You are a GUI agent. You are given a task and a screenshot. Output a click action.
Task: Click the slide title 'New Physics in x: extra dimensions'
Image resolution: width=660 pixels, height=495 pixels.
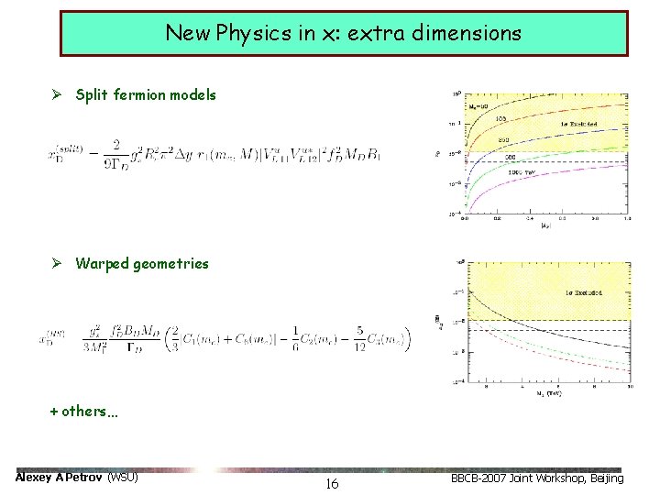pos(343,34)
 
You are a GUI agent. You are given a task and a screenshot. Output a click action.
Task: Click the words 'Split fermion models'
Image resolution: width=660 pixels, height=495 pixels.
pos(146,94)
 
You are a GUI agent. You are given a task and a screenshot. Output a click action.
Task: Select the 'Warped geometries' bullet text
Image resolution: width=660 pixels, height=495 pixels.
pos(142,264)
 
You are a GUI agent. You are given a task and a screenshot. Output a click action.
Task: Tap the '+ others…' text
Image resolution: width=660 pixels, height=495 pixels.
pos(83,411)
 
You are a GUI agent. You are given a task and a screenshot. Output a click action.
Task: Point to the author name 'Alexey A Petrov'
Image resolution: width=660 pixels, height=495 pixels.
pos(60,478)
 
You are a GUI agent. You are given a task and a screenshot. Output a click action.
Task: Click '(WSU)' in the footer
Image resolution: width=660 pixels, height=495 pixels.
pos(124,478)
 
